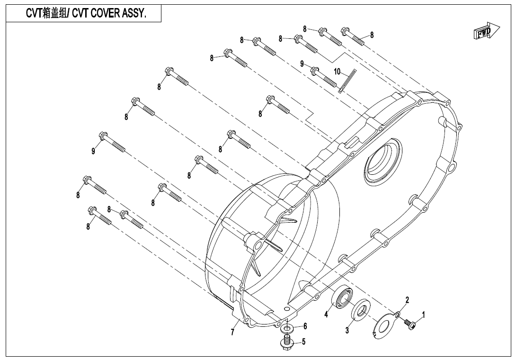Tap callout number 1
pyautogui.click(x=423, y=314)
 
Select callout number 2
pyautogui.click(x=407, y=300)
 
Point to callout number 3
pyautogui.click(x=347, y=331)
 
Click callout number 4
pyautogui.click(x=326, y=314)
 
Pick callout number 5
pyautogui.click(x=303, y=341)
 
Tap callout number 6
pyautogui.click(x=305, y=326)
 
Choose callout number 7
pyautogui.click(x=232, y=333)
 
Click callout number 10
pyautogui.click(x=337, y=72)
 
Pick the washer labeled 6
pyautogui.click(x=287, y=328)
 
